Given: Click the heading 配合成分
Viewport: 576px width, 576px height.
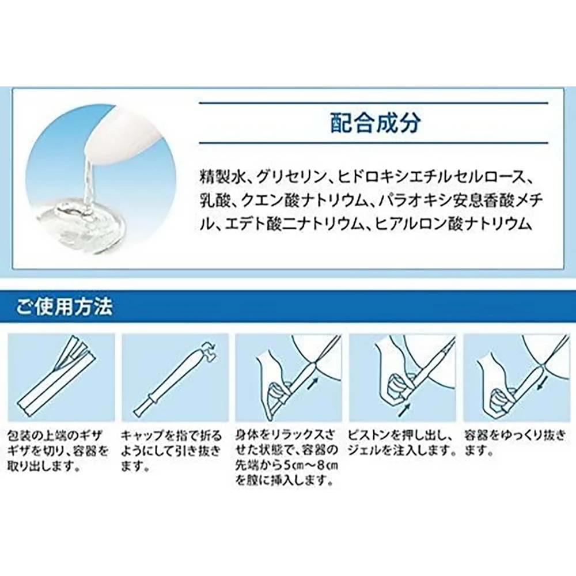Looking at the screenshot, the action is click(375, 123).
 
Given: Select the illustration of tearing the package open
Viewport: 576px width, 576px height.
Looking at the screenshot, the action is click(62, 378).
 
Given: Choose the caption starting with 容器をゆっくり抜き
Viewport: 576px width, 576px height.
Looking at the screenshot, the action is click(515, 443).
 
